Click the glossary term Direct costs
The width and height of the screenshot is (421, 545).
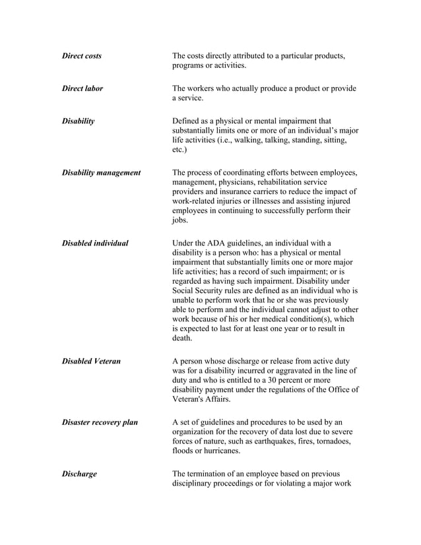[81, 56]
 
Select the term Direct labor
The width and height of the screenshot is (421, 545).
[82, 88]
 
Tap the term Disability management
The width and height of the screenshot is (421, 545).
[100, 173]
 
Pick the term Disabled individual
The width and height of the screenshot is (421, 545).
[94, 243]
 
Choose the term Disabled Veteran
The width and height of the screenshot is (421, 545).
[91, 362]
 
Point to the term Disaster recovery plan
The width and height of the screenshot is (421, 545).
[100, 422]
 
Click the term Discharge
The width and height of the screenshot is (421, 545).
[79, 474]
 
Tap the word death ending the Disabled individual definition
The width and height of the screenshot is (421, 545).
[181, 338]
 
